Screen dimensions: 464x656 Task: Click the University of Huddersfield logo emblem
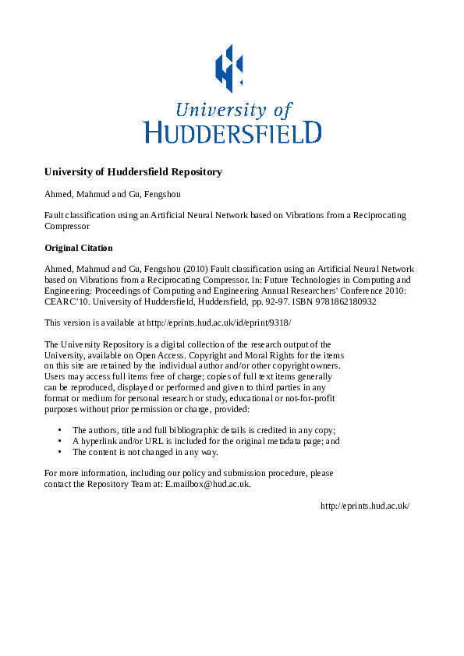coord(228,68)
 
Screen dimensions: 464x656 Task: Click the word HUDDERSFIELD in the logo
coord(232,131)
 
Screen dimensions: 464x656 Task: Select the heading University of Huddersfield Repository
coord(133,172)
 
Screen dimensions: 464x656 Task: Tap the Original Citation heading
coord(79,248)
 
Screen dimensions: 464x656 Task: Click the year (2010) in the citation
coord(193,269)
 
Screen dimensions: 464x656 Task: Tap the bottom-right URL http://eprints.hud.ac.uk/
coord(365,506)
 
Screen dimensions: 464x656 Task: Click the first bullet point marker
coord(60,430)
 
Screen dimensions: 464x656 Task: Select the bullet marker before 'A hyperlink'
coord(60,441)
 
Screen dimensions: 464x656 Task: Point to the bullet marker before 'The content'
coord(60,452)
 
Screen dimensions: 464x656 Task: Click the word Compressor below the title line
coord(67,227)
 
